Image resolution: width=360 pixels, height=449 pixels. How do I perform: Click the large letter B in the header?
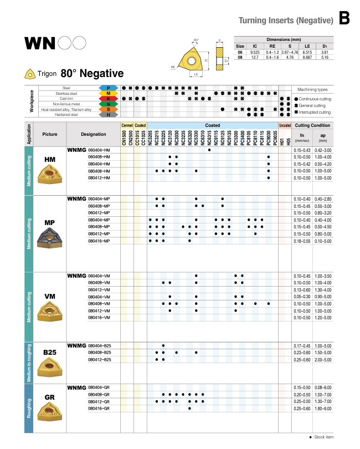(344, 18)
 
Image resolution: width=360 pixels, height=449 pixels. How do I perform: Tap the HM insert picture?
(49, 176)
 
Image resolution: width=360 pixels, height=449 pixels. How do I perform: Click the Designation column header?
(93, 134)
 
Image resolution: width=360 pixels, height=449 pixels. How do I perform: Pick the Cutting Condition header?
(312, 126)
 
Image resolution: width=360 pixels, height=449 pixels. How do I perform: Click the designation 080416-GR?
(99, 409)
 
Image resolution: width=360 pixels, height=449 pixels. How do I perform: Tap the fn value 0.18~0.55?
(302, 241)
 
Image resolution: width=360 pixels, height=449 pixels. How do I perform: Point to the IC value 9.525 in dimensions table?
(255, 52)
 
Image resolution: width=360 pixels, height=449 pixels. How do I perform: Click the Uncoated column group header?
(284, 126)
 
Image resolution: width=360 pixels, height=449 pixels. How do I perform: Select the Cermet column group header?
(127, 126)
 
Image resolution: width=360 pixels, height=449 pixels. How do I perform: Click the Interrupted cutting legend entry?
(317, 112)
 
